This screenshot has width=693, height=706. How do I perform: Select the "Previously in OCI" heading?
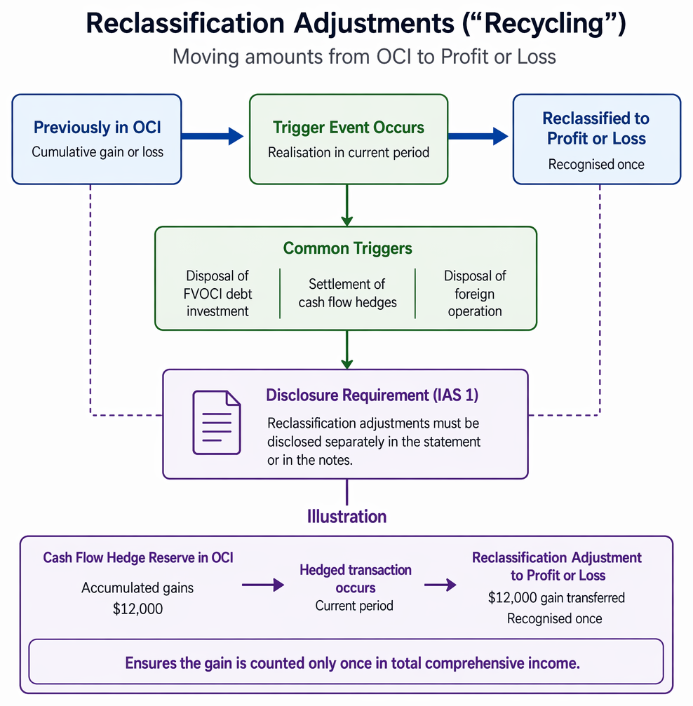pyautogui.click(x=97, y=128)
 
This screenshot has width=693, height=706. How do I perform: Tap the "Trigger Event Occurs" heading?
pyautogui.click(x=349, y=128)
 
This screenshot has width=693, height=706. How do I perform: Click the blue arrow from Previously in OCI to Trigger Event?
pyautogui.click(x=213, y=136)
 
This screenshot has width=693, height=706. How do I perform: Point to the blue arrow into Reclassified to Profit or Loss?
pyautogui.click(x=478, y=136)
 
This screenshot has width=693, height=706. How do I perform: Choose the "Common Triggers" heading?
pyautogui.click(x=347, y=248)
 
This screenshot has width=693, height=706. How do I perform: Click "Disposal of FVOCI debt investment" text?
pyautogui.click(x=217, y=294)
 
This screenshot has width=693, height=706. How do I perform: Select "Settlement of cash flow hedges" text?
pyautogui.click(x=347, y=293)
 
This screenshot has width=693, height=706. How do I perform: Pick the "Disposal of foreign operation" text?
pyautogui.click(x=475, y=294)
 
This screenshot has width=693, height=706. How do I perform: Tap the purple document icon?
pyautogui.click(x=217, y=422)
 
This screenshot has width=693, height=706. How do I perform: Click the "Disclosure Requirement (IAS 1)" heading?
pyautogui.click(x=372, y=395)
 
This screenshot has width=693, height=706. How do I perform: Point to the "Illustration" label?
pyautogui.click(x=347, y=517)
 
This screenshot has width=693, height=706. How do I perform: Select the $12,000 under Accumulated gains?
pyautogui.click(x=137, y=609)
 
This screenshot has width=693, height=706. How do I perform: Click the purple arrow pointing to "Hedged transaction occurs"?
pyautogui.click(x=263, y=585)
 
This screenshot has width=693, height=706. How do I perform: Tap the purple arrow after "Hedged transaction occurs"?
pyautogui.click(x=440, y=585)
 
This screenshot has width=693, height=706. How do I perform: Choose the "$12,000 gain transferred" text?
pyautogui.click(x=556, y=597)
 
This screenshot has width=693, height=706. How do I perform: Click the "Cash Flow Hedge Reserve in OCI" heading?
pyautogui.click(x=138, y=558)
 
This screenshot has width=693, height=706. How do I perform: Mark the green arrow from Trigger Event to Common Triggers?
pyautogui.click(x=347, y=205)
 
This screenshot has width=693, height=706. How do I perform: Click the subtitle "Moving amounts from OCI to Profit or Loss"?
pyautogui.click(x=364, y=57)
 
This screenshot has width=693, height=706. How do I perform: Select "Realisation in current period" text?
pyautogui.click(x=349, y=153)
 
